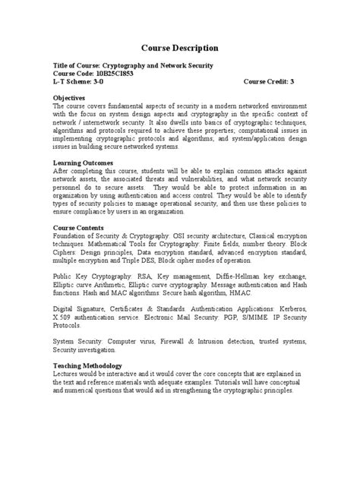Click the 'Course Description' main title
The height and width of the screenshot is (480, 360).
click(179, 48)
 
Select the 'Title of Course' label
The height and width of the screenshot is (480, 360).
click(78, 65)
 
